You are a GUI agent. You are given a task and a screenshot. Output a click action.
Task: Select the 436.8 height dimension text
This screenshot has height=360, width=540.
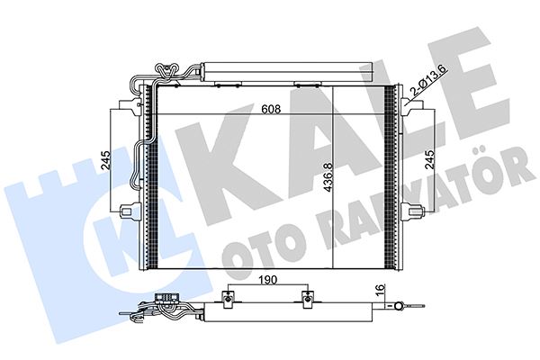coord(328,175)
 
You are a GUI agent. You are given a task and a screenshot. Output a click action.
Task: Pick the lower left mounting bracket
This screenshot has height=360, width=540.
coord(129,212)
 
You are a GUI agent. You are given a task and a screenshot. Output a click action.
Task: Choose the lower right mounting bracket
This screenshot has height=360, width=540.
coord(412,212)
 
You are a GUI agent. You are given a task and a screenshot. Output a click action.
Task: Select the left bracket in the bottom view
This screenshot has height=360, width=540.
coord(231,298)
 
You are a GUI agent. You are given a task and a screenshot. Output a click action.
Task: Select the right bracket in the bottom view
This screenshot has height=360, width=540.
coord(309,298)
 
